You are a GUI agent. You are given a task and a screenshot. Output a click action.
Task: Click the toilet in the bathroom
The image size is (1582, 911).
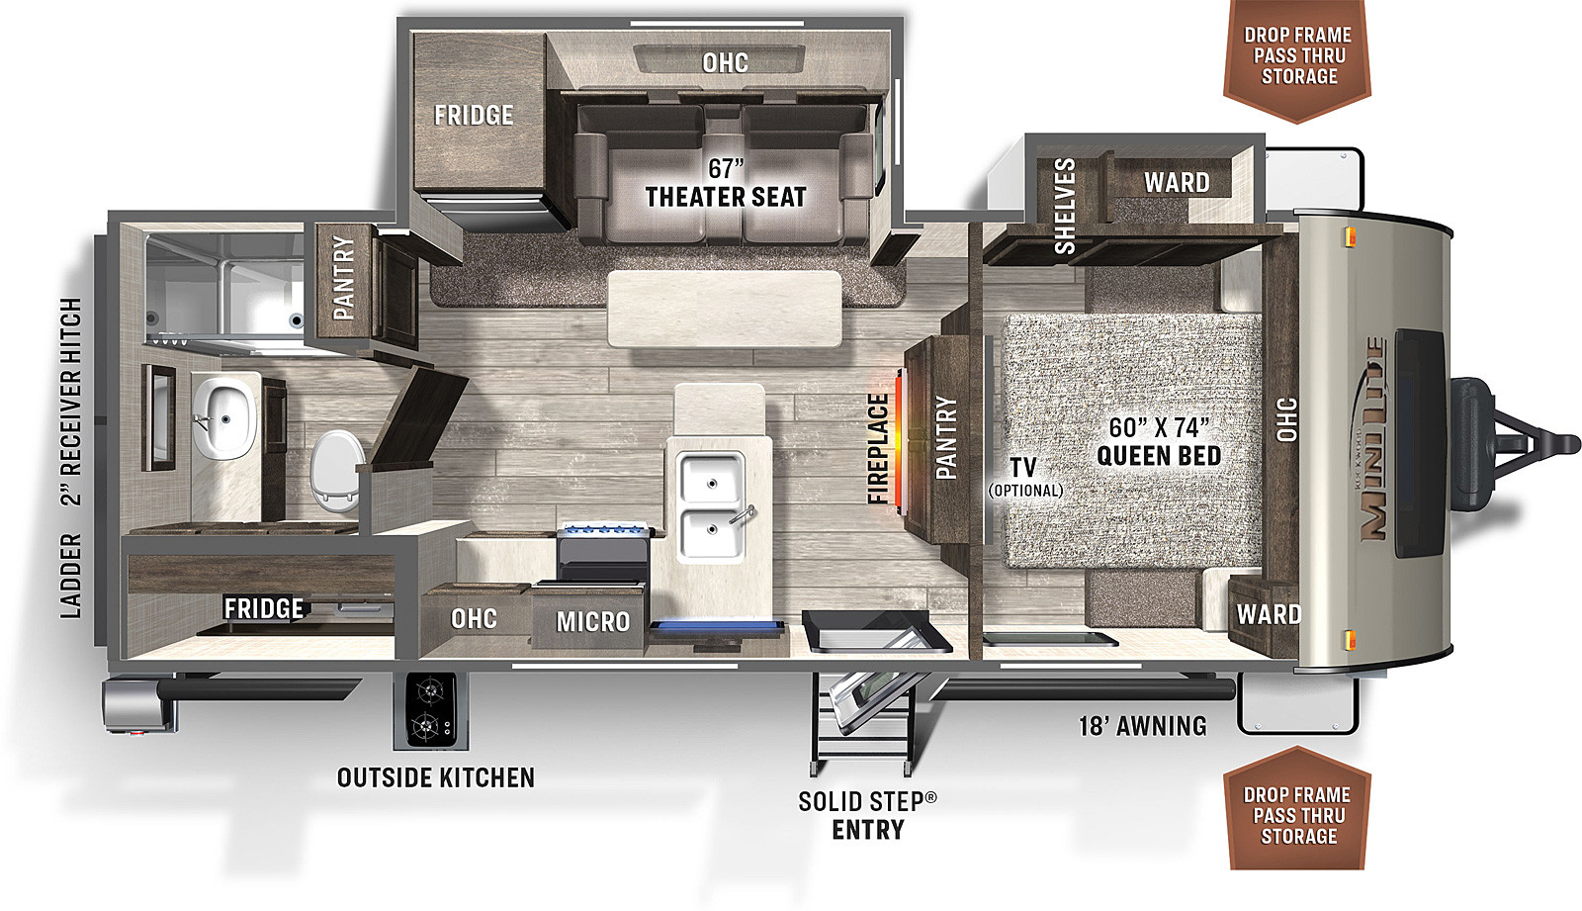click(x=337, y=471)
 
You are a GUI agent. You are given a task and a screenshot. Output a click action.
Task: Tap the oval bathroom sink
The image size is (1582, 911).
click(x=224, y=417)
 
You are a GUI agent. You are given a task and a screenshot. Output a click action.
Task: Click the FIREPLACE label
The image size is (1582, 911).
click(x=877, y=449)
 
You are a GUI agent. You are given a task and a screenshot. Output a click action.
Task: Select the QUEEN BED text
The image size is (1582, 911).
click(x=1158, y=456)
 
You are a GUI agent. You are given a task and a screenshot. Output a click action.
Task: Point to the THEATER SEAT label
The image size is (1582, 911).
click(x=726, y=197)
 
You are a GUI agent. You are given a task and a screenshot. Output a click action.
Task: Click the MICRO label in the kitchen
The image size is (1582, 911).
click(x=592, y=622)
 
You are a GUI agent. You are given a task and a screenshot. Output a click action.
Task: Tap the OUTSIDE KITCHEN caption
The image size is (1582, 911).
click(x=436, y=777)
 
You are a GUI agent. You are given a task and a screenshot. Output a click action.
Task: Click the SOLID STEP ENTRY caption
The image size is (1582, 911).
click(x=868, y=815)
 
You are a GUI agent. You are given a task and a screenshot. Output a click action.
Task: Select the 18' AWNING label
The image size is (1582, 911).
click(x=1143, y=726)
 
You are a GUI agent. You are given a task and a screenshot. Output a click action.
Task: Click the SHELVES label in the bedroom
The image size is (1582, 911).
click(x=1064, y=207)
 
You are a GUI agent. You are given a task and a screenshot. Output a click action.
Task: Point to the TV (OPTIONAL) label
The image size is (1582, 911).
click(x=1024, y=477)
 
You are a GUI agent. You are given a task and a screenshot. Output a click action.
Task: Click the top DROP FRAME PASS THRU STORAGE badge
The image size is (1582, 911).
click(x=1298, y=55)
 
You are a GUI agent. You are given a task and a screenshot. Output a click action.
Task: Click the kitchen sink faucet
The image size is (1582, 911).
click(x=743, y=514)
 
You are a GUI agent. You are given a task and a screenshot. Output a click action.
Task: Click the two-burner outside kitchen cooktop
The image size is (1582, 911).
click(x=431, y=710)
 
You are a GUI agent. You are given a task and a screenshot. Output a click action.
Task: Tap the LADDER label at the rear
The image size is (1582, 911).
click(x=70, y=577)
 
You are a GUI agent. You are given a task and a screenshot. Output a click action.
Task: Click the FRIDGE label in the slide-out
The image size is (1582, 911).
click(x=474, y=115)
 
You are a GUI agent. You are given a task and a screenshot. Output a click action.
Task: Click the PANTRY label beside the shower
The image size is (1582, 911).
click(x=343, y=278)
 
